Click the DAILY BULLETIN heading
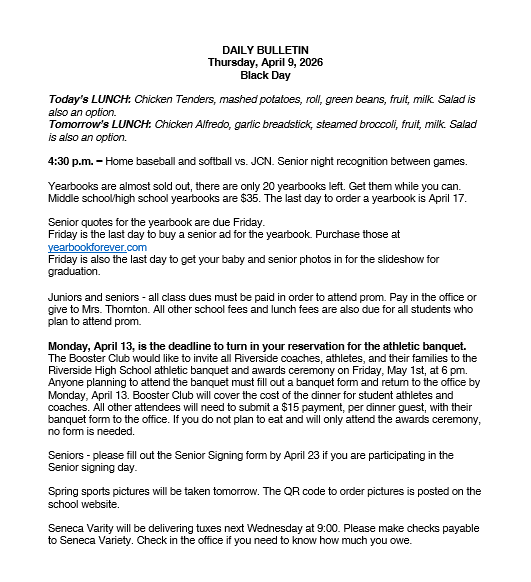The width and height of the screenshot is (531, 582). (x=265, y=49)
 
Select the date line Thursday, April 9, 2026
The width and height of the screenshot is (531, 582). (x=265, y=62)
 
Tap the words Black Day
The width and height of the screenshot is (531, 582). (x=265, y=75)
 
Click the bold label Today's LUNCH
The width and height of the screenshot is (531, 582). (x=84, y=101)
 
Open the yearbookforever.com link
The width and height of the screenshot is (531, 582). (x=97, y=247)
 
